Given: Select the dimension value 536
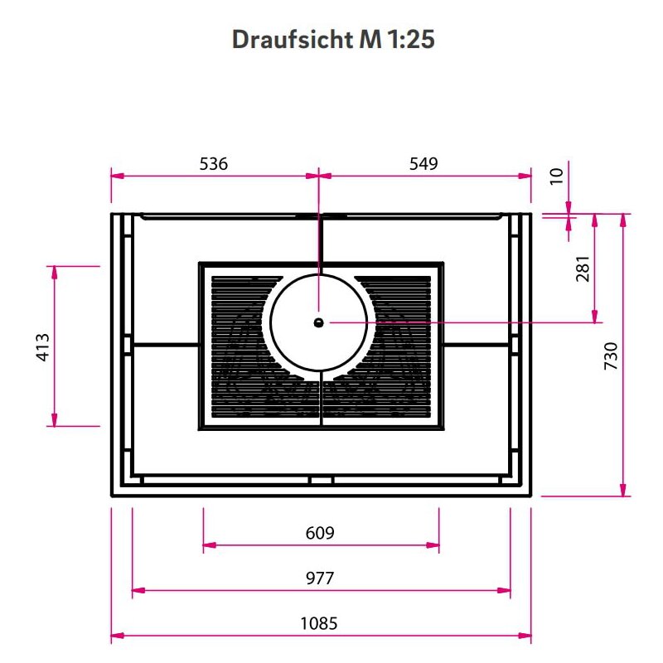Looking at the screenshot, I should click(214, 164).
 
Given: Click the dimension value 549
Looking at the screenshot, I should click(423, 164).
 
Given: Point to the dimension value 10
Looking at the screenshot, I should click(556, 175).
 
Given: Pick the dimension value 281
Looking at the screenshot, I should click(583, 269).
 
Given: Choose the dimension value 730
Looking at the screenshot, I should click(612, 355).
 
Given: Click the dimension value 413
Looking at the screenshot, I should click(43, 346).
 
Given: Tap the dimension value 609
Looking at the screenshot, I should click(320, 533).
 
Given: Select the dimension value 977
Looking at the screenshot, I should click(320, 578).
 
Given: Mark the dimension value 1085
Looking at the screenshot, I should click(320, 623).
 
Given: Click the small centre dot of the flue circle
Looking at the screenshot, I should click(319, 322).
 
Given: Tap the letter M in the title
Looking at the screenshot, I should click(368, 40).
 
